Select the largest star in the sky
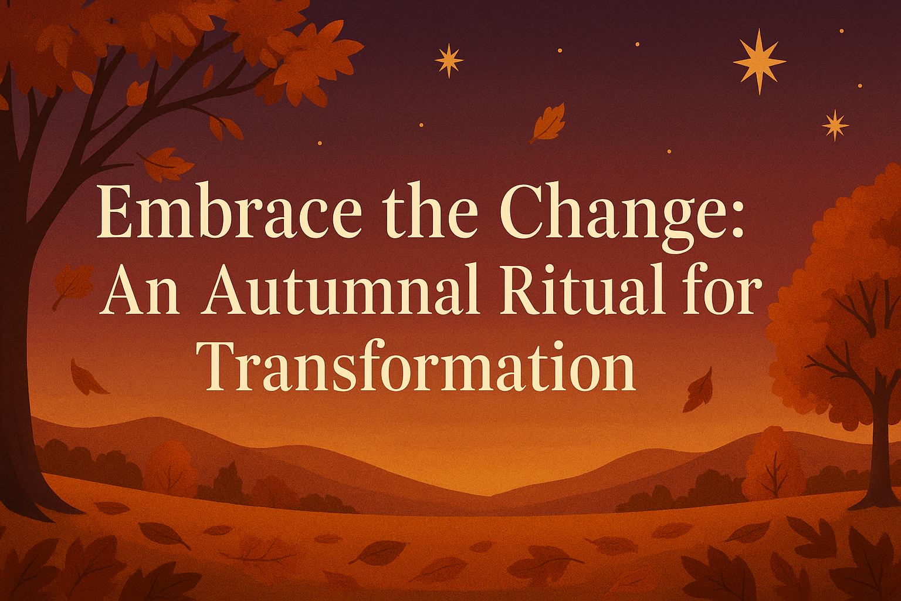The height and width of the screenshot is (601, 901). click(759, 61)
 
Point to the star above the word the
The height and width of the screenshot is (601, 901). click(449, 60)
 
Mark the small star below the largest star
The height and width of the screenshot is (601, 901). click(835, 125)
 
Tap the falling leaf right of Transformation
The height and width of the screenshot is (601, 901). click(699, 390)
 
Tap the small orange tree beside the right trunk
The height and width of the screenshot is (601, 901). click(773, 464)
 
